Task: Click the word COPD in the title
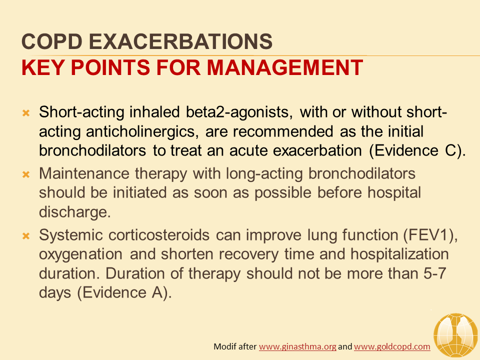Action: click(x=52, y=41)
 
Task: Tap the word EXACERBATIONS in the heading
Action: click(x=180, y=41)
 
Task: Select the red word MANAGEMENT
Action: click(x=285, y=67)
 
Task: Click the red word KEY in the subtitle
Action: click(x=43, y=67)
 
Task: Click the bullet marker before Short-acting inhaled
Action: click(x=26, y=113)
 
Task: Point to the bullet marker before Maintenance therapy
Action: click(x=26, y=175)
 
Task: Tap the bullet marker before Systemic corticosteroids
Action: click(x=26, y=236)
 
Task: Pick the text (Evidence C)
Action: click(x=417, y=150)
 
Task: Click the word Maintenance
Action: click(x=84, y=173)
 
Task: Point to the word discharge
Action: click(x=74, y=212)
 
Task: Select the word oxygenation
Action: click(x=81, y=254)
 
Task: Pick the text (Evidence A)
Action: click(x=124, y=292)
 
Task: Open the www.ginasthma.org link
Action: click(x=297, y=346)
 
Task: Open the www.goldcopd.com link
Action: click(x=392, y=346)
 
